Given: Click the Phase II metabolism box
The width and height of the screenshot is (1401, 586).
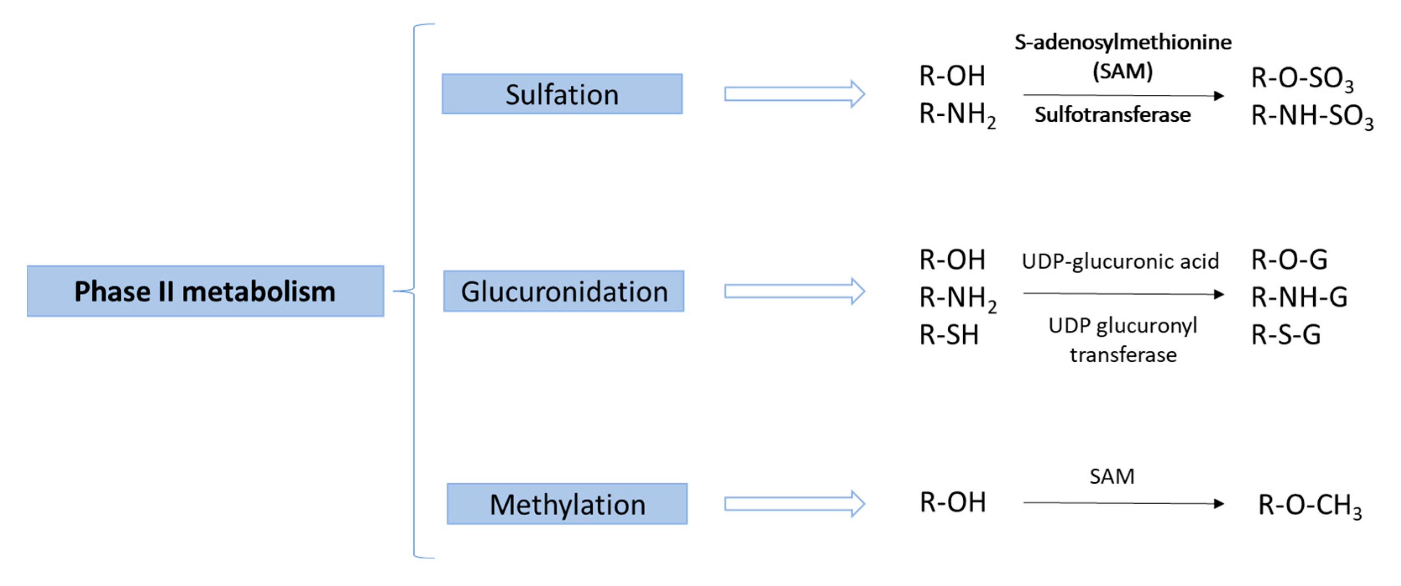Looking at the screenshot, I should click(205, 291).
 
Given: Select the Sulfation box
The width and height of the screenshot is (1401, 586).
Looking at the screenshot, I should click(562, 94).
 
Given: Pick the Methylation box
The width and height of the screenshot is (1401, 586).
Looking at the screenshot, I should click(567, 504).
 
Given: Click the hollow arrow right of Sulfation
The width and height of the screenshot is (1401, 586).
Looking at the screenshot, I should click(794, 94).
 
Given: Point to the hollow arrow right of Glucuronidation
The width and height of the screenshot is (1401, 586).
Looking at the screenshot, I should click(794, 292).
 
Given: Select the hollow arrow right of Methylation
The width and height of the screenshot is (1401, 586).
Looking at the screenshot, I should click(794, 504).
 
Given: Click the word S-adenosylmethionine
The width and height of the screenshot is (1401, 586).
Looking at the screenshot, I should click(1123, 42).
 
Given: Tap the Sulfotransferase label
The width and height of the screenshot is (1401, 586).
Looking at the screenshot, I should click(1112, 115).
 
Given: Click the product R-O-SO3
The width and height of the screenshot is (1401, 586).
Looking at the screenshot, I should click(1302, 78).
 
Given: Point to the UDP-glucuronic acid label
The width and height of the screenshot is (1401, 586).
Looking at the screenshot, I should click(1120, 261).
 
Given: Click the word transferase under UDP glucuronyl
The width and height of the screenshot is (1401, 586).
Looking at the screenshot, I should click(1123, 355).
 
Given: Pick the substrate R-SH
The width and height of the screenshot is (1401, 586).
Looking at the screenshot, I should click(949, 335).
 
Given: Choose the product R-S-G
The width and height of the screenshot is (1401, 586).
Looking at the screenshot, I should click(1286, 335).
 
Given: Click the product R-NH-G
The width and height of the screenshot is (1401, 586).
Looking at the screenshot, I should click(1299, 297).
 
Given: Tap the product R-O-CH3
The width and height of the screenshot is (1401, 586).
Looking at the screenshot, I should click(1310, 505).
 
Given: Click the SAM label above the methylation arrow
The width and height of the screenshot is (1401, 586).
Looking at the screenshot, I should click(1112, 476).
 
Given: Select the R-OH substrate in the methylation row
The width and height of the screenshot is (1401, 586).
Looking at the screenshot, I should click(952, 502).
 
